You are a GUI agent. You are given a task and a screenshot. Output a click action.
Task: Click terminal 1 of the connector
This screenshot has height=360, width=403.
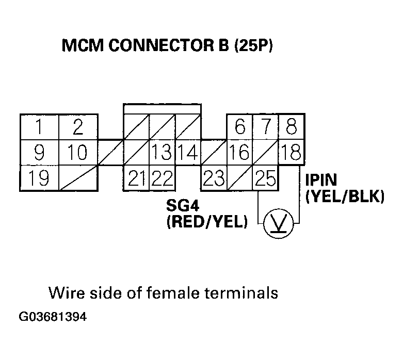tap(39, 127)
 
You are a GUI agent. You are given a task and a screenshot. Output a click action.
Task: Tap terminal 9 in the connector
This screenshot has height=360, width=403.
tap(39, 153)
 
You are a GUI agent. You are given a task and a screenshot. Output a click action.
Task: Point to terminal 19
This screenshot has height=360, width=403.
tap(39, 178)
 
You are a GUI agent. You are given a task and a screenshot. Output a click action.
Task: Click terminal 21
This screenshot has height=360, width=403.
tap(137, 178)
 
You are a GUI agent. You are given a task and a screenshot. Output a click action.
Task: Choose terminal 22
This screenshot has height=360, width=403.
tap(162, 178)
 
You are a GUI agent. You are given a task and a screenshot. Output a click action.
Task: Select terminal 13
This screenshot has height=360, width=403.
tap(162, 153)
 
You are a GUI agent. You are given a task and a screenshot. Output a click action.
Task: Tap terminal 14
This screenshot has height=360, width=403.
tap(188, 153)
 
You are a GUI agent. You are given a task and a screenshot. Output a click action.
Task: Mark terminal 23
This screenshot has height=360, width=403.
tap(214, 178)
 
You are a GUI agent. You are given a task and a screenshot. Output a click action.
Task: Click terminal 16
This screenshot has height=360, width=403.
tap(239, 153)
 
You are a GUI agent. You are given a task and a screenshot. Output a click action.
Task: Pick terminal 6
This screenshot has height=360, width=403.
tap(239, 127)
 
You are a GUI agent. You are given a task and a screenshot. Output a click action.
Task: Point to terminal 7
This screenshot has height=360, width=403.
tap(265, 127)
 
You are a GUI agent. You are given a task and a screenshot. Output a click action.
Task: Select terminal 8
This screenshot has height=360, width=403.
tap(291, 127)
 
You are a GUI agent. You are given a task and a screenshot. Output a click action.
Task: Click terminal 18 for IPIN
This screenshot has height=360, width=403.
tap(291, 153)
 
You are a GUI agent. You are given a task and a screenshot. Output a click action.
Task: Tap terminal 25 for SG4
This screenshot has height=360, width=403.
tap(265, 178)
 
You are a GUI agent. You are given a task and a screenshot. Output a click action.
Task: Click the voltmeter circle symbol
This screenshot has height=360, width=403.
tap(278, 223)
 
